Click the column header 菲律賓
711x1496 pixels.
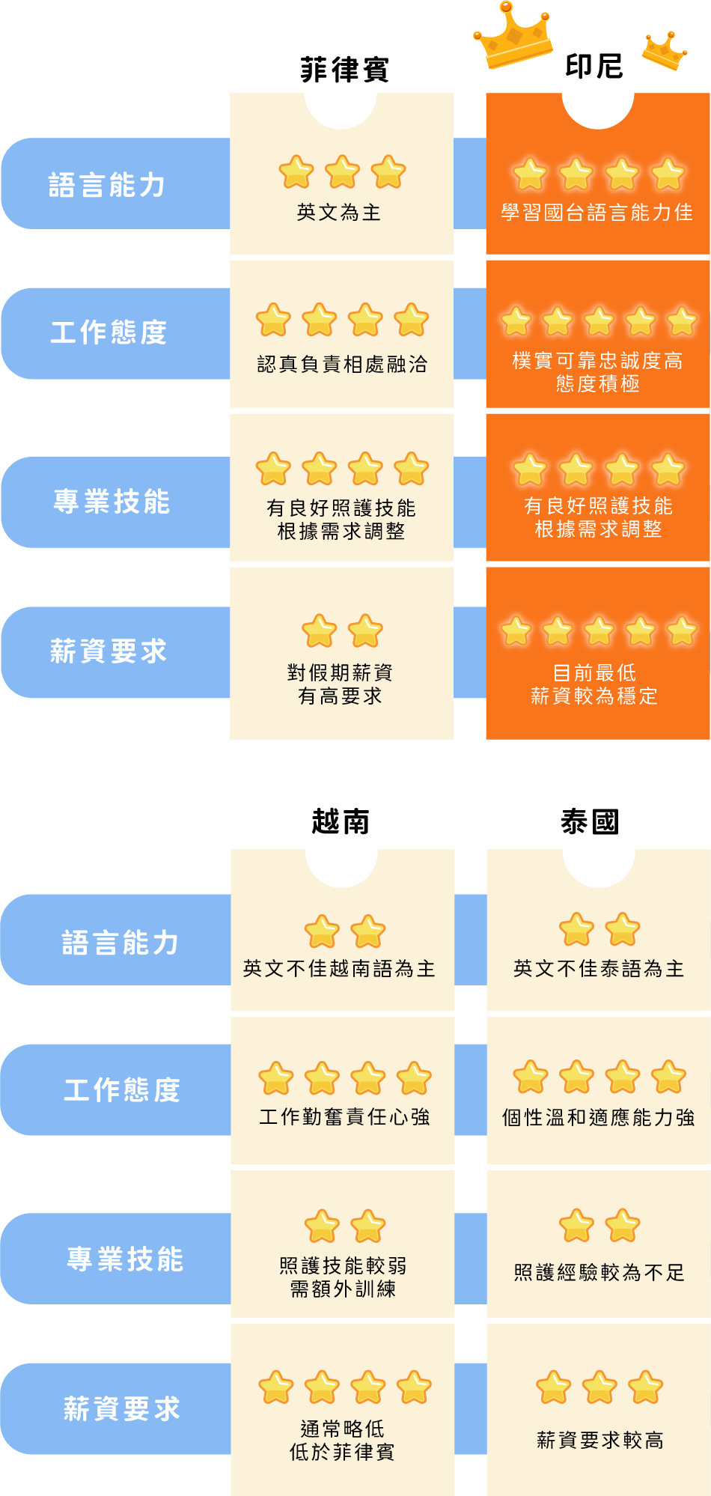pyautogui.click(x=344, y=70)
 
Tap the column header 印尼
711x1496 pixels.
pyautogui.click(x=593, y=66)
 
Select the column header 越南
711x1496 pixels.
pyautogui.click(x=341, y=821)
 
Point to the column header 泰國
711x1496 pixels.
pyautogui.click(x=590, y=821)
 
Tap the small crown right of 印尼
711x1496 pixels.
pyautogui.click(x=665, y=51)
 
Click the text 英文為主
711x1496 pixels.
pyautogui.click(x=339, y=213)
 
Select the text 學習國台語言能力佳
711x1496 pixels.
pyautogui.click(x=596, y=213)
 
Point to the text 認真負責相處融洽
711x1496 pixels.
pyautogui.click(x=342, y=365)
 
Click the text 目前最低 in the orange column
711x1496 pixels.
pyautogui.click(x=594, y=672)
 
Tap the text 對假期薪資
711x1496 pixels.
pyautogui.click(x=341, y=672)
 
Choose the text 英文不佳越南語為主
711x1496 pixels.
pyautogui.click(x=339, y=969)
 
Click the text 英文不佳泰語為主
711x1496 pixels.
pyautogui.click(x=599, y=969)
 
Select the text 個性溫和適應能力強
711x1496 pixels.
pyautogui.click(x=599, y=1118)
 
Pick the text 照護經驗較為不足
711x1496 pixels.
pyautogui.click(x=599, y=1272)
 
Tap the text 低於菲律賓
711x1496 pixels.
pyautogui.click(x=342, y=1452)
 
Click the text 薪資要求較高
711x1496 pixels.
pyautogui.click(x=599, y=1440)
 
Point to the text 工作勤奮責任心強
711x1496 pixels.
pyautogui.click(x=344, y=1117)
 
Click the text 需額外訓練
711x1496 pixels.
pyautogui.click(x=343, y=1289)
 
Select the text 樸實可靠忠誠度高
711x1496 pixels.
pyautogui.click(x=597, y=361)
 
